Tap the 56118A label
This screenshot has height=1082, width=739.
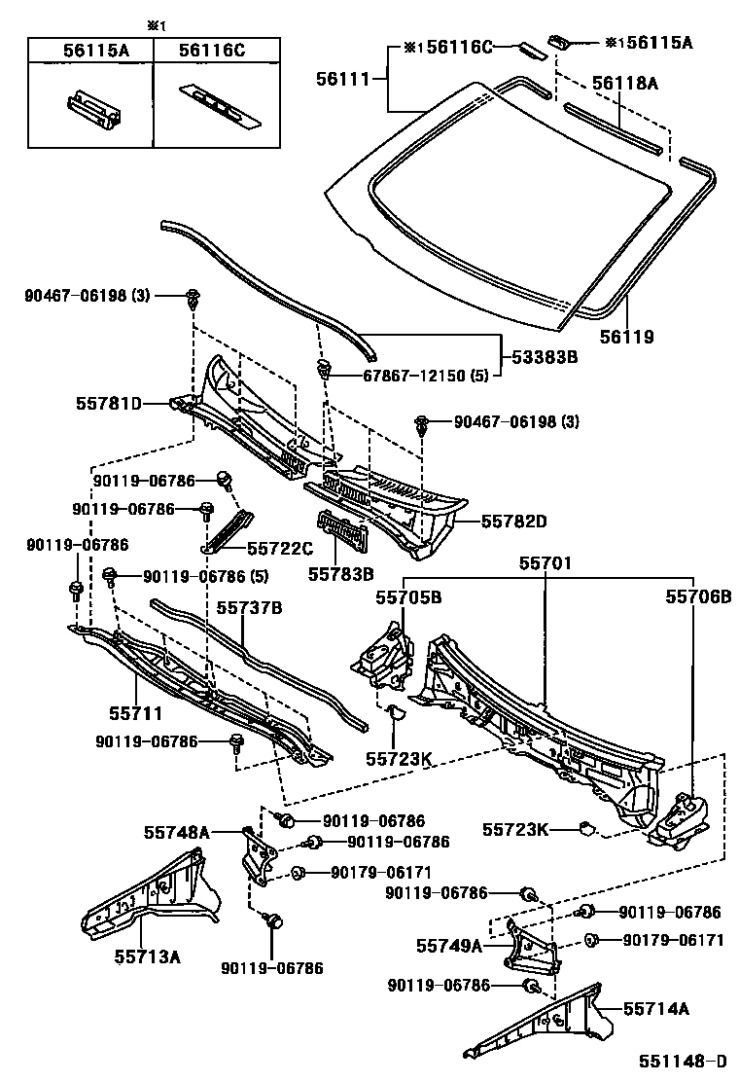623,85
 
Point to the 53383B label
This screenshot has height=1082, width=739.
545,358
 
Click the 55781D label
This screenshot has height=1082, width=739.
108,403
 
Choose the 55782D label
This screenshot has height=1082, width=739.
513,522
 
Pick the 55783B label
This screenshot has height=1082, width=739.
341,574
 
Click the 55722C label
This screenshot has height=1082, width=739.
280,549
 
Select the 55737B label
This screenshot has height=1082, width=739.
249,608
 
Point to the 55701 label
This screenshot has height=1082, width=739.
545,563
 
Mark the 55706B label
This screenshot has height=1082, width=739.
698,596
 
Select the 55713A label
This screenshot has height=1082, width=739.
147,956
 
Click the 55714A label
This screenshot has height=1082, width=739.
655,1009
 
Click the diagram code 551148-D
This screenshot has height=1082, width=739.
682,1061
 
